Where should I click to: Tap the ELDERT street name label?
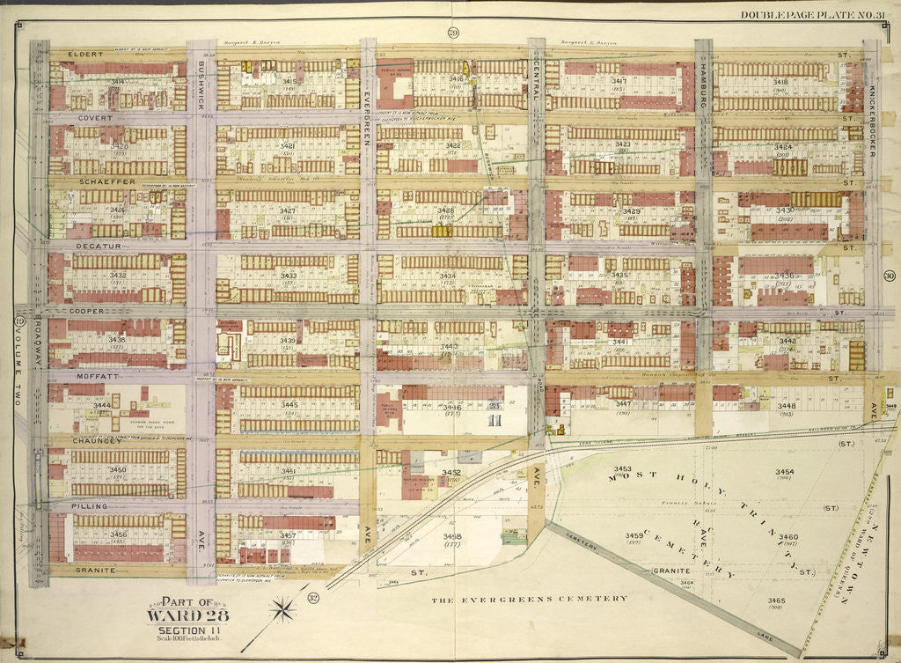(x=90, y=54)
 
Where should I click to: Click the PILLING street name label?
(x=90, y=507)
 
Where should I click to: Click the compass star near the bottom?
(x=283, y=608)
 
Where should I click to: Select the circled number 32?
(x=313, y=599)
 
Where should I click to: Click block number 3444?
(x=102, y=405)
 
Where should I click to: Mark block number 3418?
(x=780, y=81)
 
